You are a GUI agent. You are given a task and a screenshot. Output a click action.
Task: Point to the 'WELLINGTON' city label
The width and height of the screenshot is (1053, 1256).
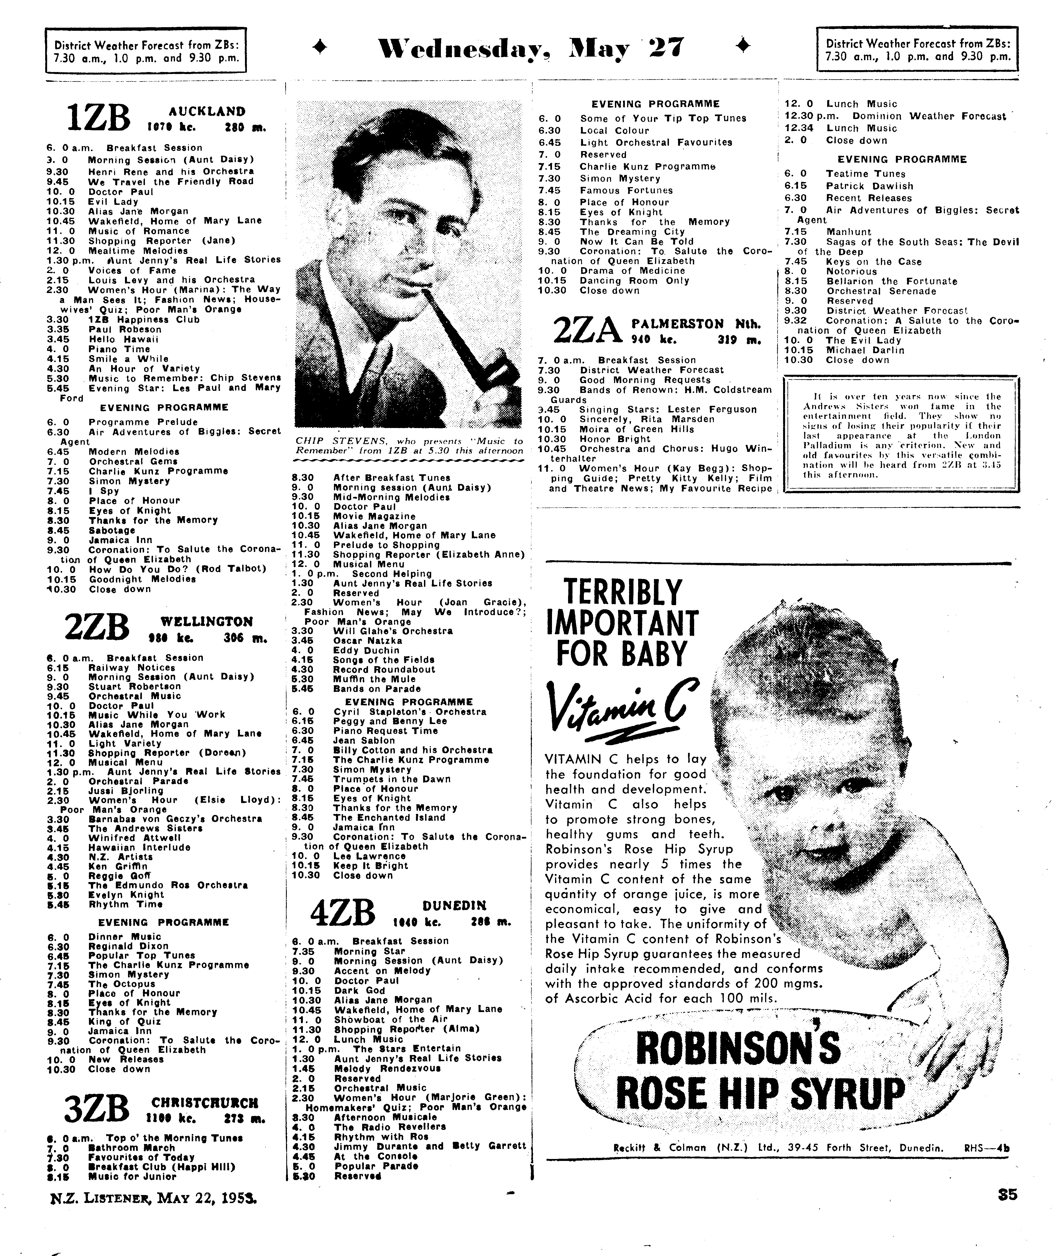pyautogui.click(x=207, y=621)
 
